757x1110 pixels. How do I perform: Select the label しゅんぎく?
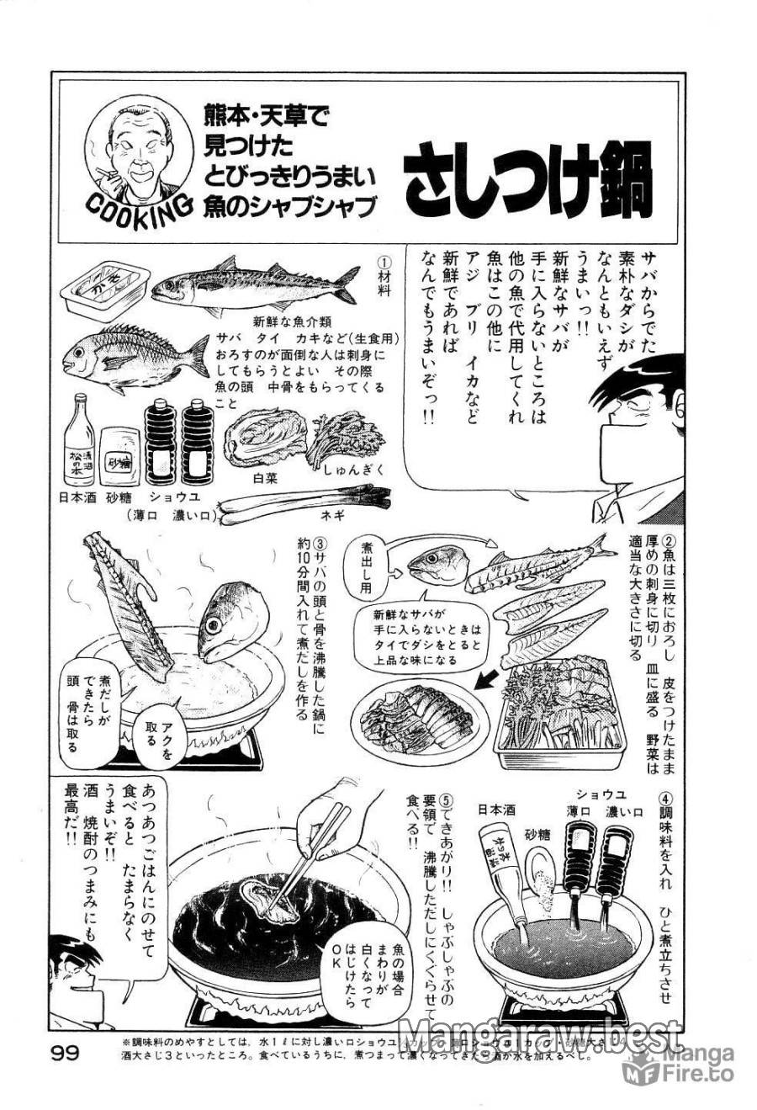(353, 470)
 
